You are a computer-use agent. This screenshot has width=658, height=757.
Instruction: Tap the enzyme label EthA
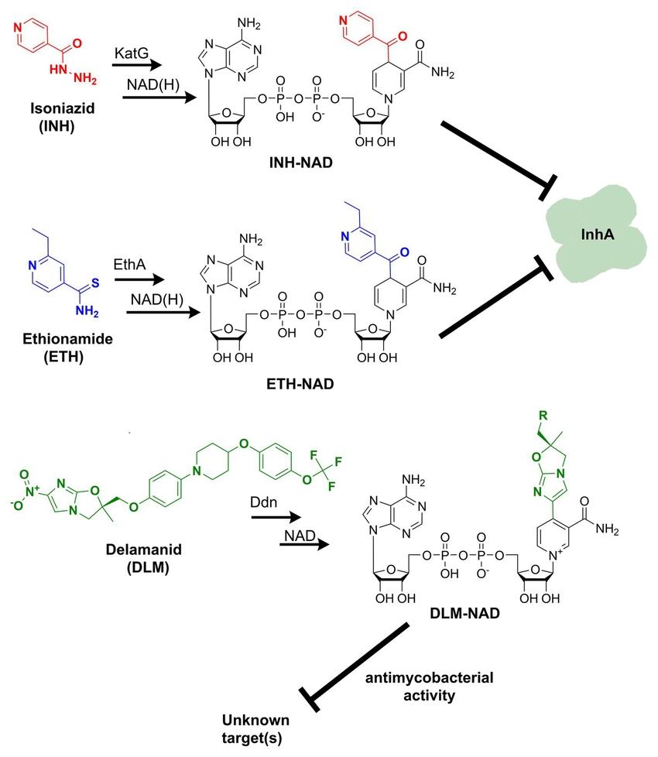tap(132, 265)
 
